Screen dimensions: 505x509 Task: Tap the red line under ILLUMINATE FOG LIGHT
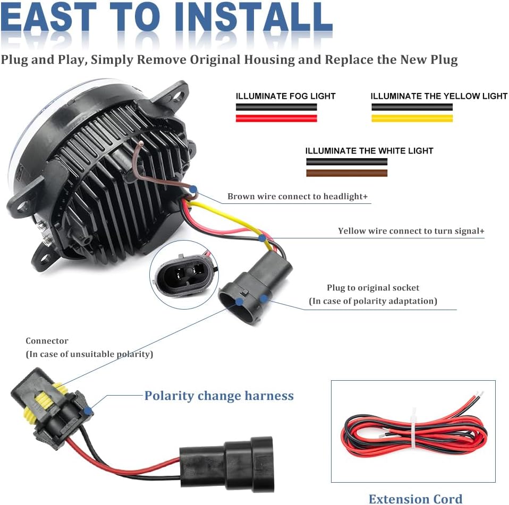tap(276, 118)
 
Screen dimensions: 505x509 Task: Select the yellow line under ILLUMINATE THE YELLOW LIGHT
tap(412, 118)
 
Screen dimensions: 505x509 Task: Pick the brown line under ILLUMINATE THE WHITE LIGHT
tap(346, 173)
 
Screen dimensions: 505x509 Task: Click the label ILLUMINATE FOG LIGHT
tap(286, 96)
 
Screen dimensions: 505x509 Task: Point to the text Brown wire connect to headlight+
tap(298, 196)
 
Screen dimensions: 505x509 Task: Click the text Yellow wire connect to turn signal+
tap(411, 231)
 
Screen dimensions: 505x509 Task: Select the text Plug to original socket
tap(373, 288)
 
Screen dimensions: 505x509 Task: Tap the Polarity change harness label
tap(219, 396)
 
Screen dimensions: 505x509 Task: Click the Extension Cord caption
tap(415, 499)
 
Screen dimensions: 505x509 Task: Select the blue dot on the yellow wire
tap(261, 238)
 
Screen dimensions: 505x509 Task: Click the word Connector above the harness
tap(47, 341)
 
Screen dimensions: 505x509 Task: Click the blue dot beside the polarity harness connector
tap(89, 410)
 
